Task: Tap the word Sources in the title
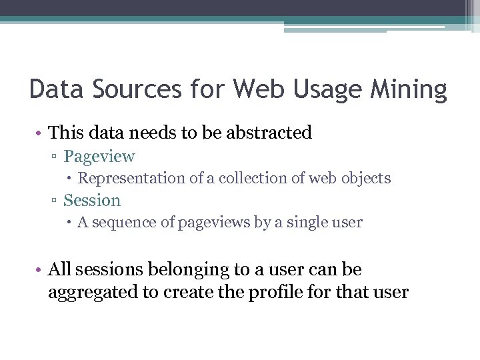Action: pyautogui.click(x=135, y=89)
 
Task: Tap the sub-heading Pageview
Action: pyautogui.click(x=99, y=157)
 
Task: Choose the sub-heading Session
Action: pyautogui.click(x=92, y=200)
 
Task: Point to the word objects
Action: pyautogui.click(x=366, y=179)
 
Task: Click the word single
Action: pyautogui.click(x=296, y=223)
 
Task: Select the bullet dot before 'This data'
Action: pyautogui.click(x=40, y=133)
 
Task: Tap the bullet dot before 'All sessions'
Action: pyautogui.click(x=40, y=270)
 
